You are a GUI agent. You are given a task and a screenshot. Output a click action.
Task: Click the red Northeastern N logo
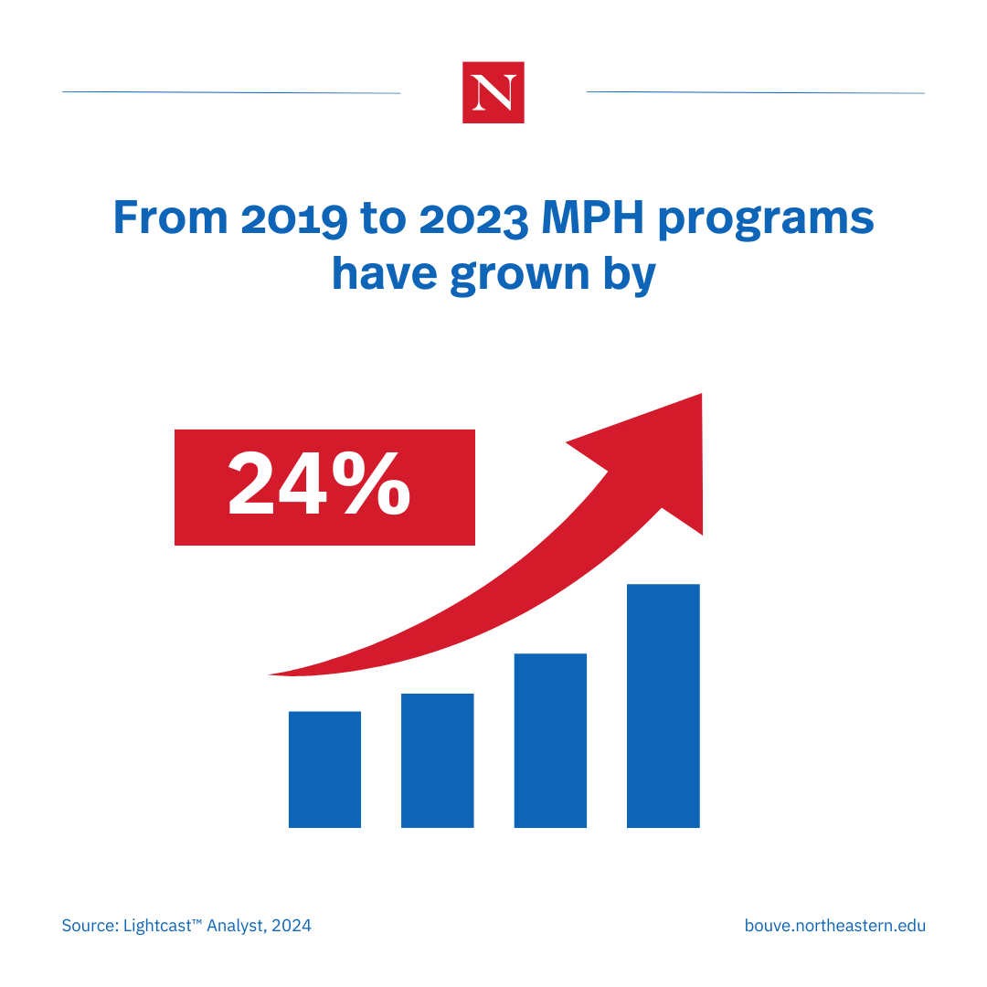coord(493,92)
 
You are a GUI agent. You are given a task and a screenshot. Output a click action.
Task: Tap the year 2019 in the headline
coord(294,219)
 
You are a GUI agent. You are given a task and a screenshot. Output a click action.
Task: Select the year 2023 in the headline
coord(473,219)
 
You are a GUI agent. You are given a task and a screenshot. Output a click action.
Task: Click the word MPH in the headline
coord(592,218)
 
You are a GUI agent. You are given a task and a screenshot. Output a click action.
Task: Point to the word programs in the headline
coord(766,221)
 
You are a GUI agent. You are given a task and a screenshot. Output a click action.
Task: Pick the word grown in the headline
coord(520,276)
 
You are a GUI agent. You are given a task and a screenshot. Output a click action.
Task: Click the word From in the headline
coord(170,218)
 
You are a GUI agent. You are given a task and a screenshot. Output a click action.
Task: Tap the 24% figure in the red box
coord(319,483)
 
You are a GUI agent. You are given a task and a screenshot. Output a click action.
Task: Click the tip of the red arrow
coord(701,394)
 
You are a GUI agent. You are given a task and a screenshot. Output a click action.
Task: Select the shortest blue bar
coord(324,769)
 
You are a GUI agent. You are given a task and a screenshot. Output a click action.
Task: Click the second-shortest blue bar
coord(438,760)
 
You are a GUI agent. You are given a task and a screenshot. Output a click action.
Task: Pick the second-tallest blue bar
coord(550,740)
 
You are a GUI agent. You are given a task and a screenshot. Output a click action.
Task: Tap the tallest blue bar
coord(663,706)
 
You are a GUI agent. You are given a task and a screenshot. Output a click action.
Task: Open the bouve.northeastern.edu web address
coord(834,925)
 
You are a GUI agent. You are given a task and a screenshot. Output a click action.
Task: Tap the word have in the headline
coord(385,274)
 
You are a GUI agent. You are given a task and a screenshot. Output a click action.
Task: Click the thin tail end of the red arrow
coord(270,674)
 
